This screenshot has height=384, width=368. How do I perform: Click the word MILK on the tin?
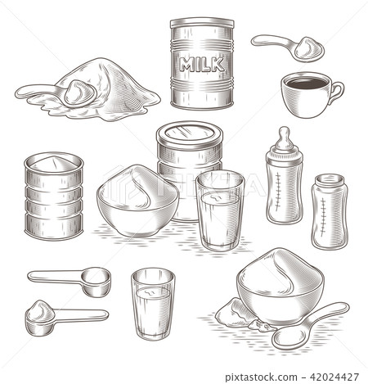click(201, 65)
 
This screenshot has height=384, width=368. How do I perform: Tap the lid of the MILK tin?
click(201, 23)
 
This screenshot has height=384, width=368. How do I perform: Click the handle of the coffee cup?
click(336, 89)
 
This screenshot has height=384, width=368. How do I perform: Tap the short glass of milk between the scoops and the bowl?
click(153, 304)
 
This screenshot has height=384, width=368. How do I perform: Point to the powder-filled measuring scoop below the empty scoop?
click(57, 314)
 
